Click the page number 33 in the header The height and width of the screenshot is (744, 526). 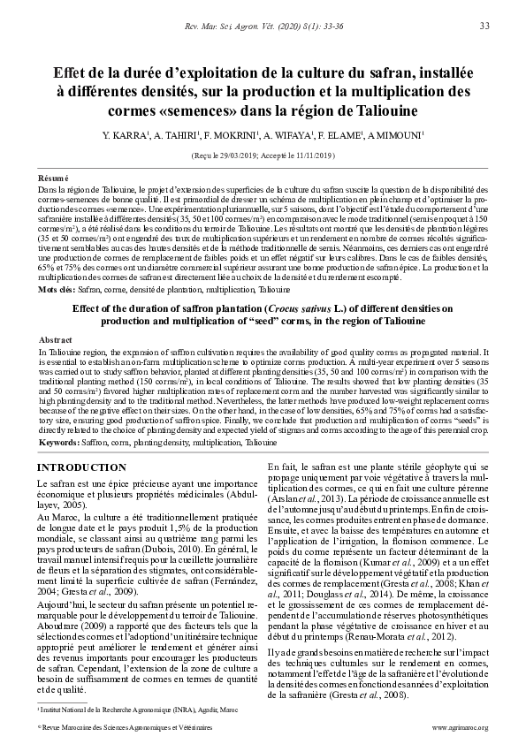[484, 27]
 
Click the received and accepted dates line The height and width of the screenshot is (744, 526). [263, 155]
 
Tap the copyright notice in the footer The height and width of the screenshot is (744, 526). [124, 728]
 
